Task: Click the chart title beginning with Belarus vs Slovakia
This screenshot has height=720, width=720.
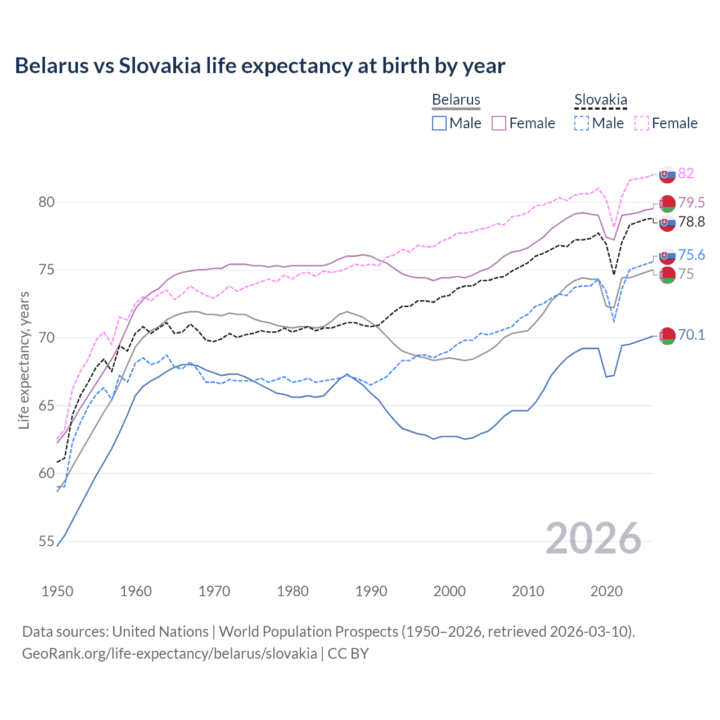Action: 260,66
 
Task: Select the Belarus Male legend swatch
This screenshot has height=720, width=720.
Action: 439,123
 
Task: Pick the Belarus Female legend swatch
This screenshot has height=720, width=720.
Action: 499,123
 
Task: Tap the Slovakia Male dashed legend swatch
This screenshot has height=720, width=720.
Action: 582,123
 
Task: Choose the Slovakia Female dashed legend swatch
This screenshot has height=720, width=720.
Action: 642,123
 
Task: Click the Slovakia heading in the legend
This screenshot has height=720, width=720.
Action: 600,100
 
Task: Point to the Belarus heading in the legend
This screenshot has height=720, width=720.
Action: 456,100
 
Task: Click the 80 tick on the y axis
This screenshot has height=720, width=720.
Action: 46,202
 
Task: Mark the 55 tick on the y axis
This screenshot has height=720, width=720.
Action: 46,541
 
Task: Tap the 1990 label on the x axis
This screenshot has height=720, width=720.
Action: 371,591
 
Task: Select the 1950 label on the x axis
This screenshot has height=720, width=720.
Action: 57,591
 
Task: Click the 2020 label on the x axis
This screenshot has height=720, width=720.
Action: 606,591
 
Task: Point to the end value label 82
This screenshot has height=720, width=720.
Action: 686,173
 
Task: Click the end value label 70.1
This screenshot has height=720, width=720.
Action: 691,335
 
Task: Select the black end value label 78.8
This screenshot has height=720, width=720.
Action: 691,222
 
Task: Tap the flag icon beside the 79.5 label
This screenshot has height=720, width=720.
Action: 667,203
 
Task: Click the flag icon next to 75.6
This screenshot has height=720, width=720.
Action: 667,256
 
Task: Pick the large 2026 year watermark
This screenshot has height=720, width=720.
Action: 593,538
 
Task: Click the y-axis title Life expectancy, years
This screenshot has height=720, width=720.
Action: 24,360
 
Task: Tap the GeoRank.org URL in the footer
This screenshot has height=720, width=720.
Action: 169,654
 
